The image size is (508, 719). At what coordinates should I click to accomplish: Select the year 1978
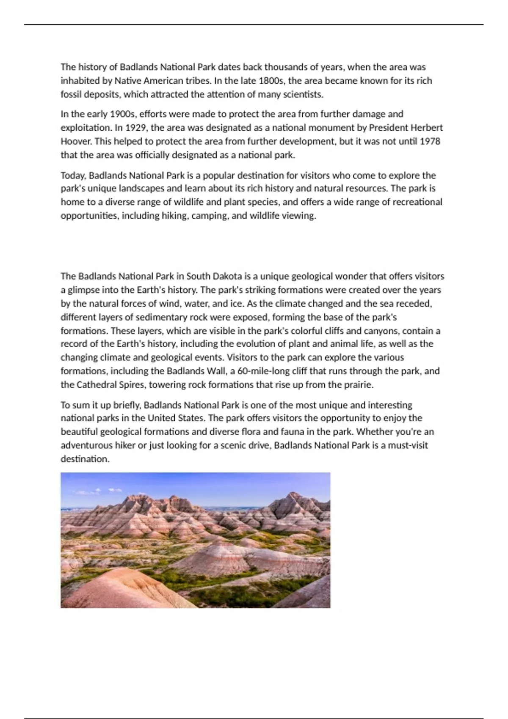coord(430,141)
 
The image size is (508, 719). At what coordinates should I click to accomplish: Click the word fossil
coord(71,94)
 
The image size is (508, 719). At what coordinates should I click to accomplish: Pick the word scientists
coord(302,94)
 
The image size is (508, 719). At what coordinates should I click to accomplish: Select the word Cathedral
coord(97,384)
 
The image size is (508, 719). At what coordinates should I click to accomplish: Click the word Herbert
coord(426,128)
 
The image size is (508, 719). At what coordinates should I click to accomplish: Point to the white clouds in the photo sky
coord(102,491)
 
